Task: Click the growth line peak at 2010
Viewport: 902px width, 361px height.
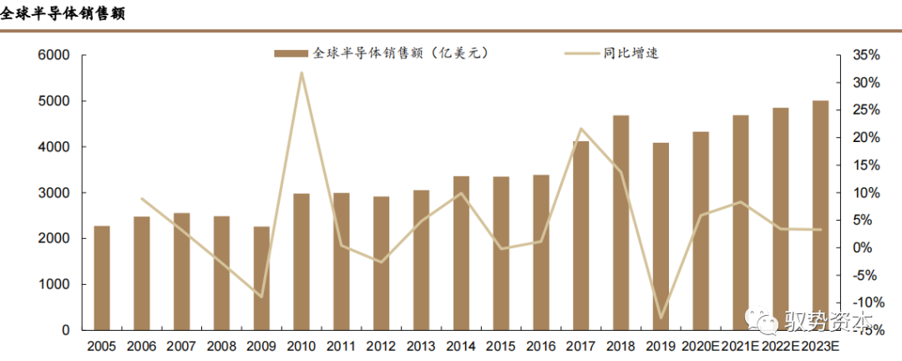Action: coord(302,73)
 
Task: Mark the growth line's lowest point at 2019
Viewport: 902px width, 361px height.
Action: coord(661,318)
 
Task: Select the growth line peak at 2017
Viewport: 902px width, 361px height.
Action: coord(580,129)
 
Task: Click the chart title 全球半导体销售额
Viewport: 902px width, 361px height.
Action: coord(63,14)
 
